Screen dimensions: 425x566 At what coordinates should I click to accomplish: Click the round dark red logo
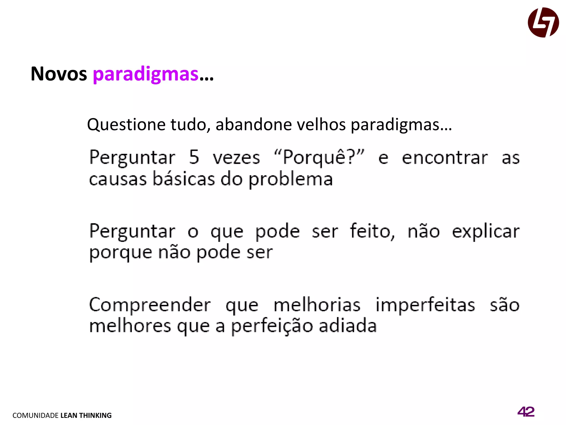[543, 22]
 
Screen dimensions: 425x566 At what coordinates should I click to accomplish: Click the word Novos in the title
[59, 74]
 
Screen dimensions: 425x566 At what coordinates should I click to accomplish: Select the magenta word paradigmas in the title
[146, 74]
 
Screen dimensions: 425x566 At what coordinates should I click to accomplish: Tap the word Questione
[126, 125]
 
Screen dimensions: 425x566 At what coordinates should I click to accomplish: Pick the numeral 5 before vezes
[194, 157]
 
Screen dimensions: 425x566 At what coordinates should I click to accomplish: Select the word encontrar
[445, 158]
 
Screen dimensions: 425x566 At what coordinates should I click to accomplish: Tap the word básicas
[184, 179]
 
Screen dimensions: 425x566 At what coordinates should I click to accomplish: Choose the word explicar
[486, 232]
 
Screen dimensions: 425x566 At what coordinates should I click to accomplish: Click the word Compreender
[150, 305]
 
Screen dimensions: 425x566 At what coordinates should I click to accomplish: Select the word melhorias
[317, 305]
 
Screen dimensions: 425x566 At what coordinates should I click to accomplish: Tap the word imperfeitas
[425, 305]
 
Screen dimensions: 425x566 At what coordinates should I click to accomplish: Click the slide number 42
[526, 412]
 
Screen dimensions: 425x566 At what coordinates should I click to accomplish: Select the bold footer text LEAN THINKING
[86, 415]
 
